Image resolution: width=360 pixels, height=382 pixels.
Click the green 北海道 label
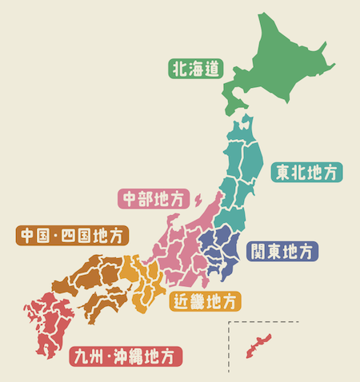(196, 69)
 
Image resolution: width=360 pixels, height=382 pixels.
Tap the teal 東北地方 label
(307, 172)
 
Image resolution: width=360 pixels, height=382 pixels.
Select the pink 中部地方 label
(152, 197)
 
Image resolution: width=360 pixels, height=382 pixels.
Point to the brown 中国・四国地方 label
(72, 237)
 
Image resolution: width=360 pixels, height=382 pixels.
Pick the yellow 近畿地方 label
(205, 302)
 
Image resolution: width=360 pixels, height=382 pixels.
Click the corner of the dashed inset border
(229, 322)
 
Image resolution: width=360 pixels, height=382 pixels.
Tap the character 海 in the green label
(196, 69)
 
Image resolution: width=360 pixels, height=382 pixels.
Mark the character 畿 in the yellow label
(197, 302)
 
